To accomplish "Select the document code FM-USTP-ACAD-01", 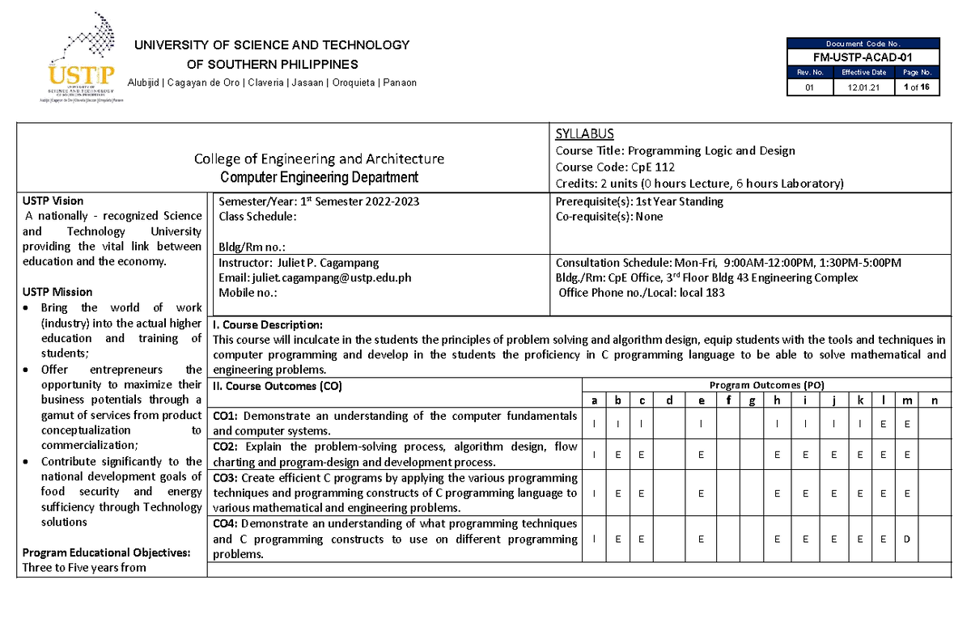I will pos(863,57).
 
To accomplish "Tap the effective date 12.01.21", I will pos(863,87).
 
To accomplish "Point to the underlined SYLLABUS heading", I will pos(584,134).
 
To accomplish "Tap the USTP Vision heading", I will pos(53,201).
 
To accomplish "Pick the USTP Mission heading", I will pos(57,292).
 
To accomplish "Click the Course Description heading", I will pos(267,325).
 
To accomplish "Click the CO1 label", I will pos(224,416).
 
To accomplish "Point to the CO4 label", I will pos(224,524).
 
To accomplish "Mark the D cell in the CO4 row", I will pos(906,540).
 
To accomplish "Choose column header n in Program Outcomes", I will pos(935,400).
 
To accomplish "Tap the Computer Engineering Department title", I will pos(319,177).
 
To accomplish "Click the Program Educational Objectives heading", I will pos(106,552).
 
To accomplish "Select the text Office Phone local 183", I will pos(642,293).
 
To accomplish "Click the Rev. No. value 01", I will pos(809,87).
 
